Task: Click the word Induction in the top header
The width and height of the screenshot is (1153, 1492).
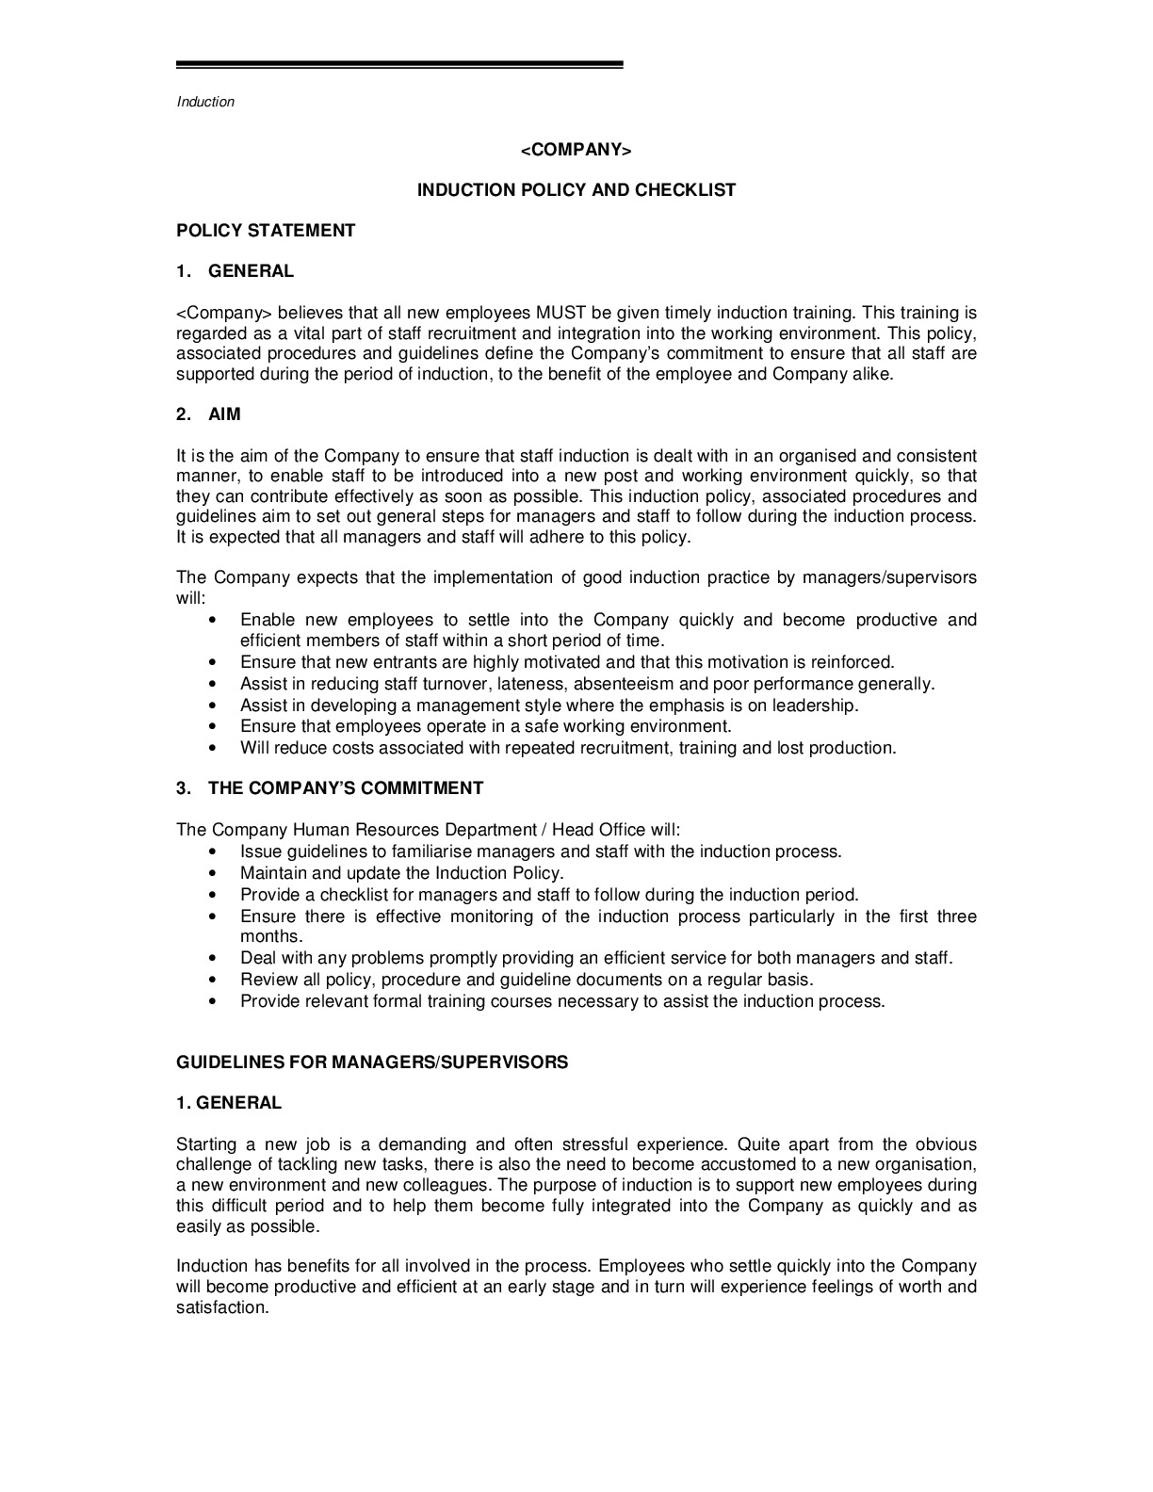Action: pyautogui.click(x=205, y=102)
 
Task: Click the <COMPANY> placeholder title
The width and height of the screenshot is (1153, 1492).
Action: pyautogui.click(x=576, y=151)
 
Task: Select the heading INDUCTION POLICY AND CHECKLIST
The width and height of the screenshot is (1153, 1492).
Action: pyautogui.click(x=576, y=190)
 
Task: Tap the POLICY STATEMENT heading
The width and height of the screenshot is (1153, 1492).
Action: pyautogui.click(x=266, y=231)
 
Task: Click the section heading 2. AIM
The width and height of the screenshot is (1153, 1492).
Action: pyautogui.click(x=209, y=414)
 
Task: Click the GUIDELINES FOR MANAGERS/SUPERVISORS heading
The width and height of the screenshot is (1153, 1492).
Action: pyautogui.click(x=372, y=1062)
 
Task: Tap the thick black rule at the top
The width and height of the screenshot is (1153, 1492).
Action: pyautogui.click(x=399, y=65)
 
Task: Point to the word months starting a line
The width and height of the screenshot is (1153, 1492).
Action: pyautogui.click(x=270, y=937)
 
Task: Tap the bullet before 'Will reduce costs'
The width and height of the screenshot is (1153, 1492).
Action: pyautogui.click(x=217, y=749)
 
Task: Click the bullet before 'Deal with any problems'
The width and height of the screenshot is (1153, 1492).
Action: pyautogui.click(x=217, y=959)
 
